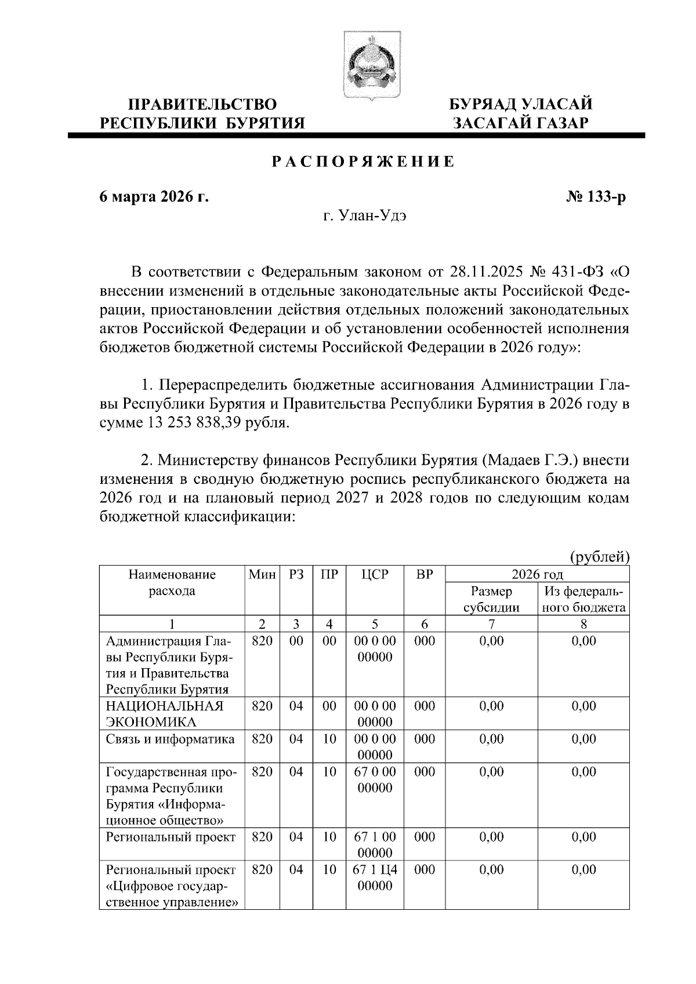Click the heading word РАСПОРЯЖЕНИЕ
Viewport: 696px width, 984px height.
point(364,162)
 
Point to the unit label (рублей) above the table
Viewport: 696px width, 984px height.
point(600,557)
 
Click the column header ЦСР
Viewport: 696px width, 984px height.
point(375,575)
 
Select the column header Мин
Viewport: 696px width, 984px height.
point(262,575)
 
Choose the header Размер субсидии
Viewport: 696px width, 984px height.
point(491,600)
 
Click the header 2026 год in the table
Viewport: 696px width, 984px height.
point(537,575)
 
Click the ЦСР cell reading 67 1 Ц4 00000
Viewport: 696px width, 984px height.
point(375,877)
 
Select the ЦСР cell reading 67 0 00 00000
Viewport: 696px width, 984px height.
point(375,779)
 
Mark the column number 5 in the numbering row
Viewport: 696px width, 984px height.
point(375,624)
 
